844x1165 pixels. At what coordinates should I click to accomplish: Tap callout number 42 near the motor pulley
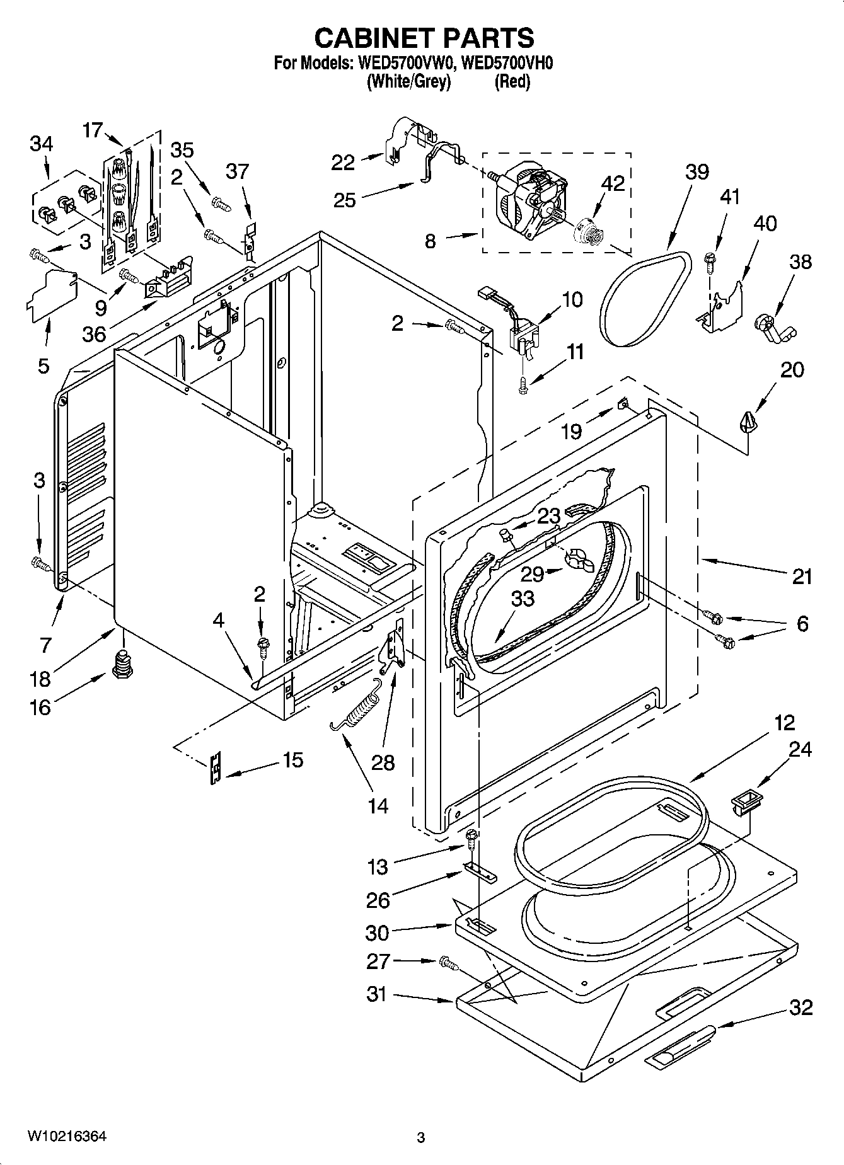[612, 183]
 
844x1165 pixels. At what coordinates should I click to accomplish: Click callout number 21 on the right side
[801, 577]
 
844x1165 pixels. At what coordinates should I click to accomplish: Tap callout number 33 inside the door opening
[523, 598]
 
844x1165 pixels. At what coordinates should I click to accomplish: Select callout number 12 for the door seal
[784, 722]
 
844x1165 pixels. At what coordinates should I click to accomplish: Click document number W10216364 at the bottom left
[66, 1137]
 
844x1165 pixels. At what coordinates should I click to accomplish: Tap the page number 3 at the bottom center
[421, 1138]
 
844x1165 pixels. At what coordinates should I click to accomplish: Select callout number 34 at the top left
[42, 144]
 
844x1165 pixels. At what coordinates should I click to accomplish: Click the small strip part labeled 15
[216, 767]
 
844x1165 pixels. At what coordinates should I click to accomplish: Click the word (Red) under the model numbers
[512, 81]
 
